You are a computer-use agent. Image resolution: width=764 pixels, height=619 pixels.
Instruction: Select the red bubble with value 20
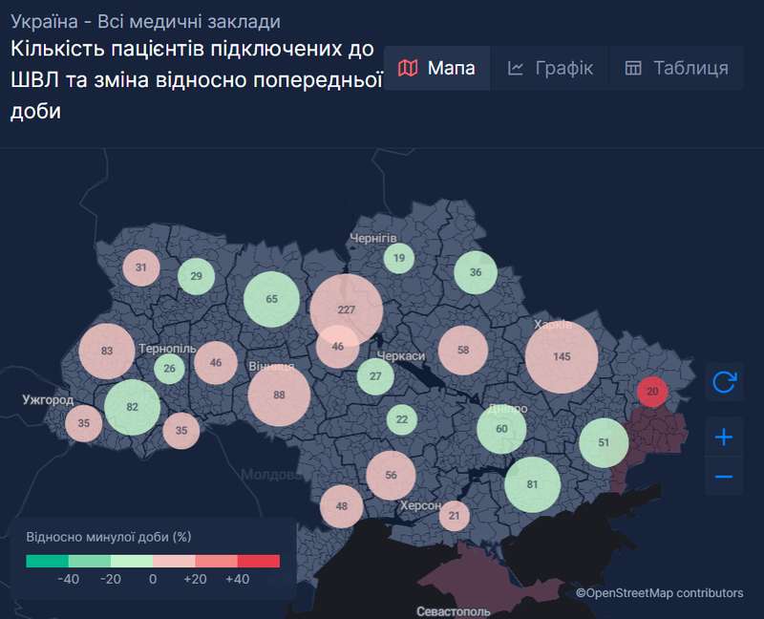pyautogui.click(x=652, y=391)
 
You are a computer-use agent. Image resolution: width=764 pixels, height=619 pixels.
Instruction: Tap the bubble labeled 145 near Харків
pyautogui.click(x=562, y=356)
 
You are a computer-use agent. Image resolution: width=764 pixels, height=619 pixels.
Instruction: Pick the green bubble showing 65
pyautogui.click(x=272, y=299)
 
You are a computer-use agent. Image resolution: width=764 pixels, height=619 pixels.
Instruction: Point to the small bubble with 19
pyautogui.click(x=399, y=258)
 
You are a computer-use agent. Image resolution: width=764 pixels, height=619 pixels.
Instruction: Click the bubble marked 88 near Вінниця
pyautogui.click(x=279, y=395)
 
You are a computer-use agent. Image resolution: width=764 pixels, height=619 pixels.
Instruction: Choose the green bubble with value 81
pyautogui.click(x=532, y=484)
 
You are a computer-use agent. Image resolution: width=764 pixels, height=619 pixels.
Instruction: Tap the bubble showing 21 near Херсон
pyautogui.click(x=455, y=516)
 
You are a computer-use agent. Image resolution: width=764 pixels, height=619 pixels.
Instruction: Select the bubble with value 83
pyautogui.click(x=107, y=352)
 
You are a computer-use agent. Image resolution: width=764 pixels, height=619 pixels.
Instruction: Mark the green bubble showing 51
pyautogui.click(x=604, y=442)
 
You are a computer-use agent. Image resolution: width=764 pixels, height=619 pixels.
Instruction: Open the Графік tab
pyautogui.click(x=550, y=68)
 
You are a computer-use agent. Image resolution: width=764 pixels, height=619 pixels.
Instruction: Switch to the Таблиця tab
pyautogui.click(x=677, y=68)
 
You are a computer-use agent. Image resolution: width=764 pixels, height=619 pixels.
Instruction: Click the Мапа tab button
pyautogui.click(x=436, y=68)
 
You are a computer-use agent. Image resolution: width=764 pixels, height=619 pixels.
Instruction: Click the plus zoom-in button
pyautogui.click(x=724, y=438)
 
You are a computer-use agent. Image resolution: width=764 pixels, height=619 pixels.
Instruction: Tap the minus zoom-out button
pyautogui.click(x=724, y=476)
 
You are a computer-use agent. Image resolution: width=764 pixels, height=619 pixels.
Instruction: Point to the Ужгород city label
pyautogui.click(x=48, y=399)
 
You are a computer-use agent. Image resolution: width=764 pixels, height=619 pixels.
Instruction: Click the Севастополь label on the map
pyautogui.click(x=453, y=610)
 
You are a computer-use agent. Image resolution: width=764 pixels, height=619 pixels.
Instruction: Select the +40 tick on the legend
pyautogui.click(x=236, y=579)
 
